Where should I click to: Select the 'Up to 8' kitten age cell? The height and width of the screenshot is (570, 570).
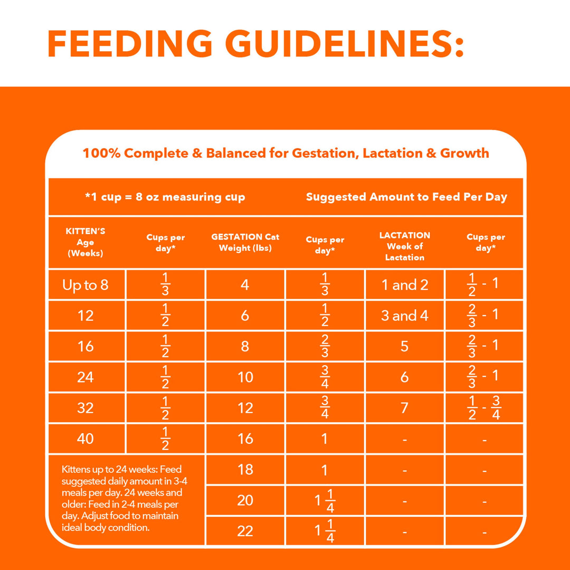tap(85, 285)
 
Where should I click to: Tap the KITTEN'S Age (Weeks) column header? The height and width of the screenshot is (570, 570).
tap(85, 242)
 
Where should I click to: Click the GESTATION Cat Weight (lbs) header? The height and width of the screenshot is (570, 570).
tap(245, 242)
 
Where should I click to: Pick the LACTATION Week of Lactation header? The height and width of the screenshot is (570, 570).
tap(405, 246)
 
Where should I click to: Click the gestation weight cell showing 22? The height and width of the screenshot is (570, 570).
tap(245, 531)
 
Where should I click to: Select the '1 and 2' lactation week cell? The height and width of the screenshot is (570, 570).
tap(405, 285)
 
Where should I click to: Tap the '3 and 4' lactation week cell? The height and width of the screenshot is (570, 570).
tap(405, 316)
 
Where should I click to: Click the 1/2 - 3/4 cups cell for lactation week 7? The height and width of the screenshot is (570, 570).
tap(484, 408)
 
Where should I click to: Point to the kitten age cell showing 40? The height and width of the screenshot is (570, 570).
tap(85, 438)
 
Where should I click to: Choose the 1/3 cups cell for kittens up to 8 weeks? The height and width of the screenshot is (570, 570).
tap(166, 285)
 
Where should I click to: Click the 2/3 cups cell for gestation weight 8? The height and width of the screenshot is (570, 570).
tap(325, 346)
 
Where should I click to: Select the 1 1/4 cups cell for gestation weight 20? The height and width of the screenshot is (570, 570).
tap(325, 500)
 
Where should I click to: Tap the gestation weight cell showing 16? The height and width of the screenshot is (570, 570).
tap(245, 438)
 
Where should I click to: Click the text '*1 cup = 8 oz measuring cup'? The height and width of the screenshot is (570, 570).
tap(165, 197)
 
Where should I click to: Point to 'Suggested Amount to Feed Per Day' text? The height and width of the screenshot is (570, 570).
tap(406, 197)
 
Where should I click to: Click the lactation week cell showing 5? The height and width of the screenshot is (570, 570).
tap(405, 346)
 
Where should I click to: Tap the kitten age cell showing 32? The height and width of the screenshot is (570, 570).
tap(85, 408)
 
